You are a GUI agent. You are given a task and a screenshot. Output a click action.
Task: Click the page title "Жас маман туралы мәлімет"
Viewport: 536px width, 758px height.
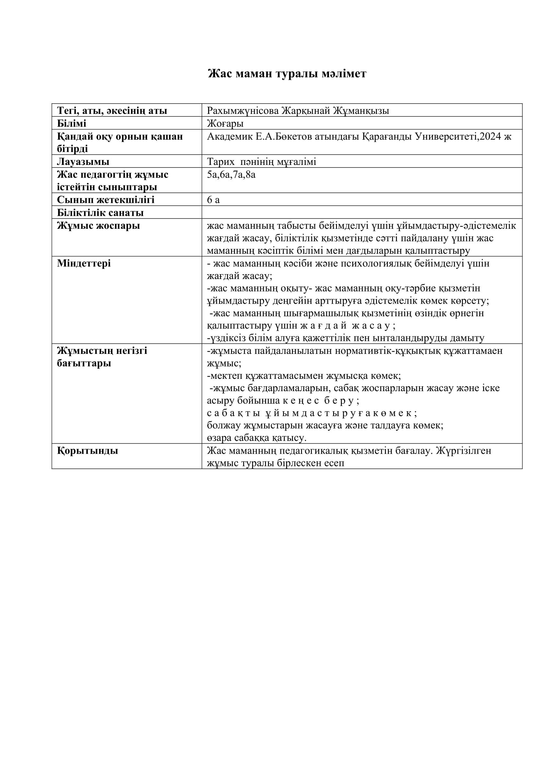click(x=287, y=73)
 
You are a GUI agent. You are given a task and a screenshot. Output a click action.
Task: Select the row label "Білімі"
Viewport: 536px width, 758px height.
click(x=72, y=123)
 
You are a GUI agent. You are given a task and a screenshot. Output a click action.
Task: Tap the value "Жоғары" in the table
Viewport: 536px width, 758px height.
click(x=225, y=123)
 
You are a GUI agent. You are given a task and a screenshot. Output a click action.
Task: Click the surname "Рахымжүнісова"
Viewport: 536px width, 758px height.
click(x=243, y=111)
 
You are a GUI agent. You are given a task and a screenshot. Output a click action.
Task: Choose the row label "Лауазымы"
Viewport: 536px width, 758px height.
click(x=83, y=162)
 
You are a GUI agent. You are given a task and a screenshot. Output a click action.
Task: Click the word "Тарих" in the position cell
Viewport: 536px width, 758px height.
click(x=221, y=162)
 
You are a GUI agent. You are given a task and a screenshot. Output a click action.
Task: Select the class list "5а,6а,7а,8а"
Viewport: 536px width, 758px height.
click(x=231, y=174)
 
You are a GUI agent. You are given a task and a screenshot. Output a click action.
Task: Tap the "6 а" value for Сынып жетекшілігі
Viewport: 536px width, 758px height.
click(x=213, y=200)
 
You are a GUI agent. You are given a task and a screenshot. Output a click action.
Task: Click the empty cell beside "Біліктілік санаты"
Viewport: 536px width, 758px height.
click(x=362, y=212)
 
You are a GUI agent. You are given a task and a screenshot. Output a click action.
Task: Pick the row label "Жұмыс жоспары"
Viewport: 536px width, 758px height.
click(x=99, y=226)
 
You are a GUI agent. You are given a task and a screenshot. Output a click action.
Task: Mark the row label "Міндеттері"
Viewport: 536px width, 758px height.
click(x=84, y=263)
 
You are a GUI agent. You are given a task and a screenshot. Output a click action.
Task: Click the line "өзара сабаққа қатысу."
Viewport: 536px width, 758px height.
click(x=257, y=438)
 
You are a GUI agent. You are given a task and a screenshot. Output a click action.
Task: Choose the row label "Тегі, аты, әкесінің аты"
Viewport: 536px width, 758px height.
click(x=112, y=111)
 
